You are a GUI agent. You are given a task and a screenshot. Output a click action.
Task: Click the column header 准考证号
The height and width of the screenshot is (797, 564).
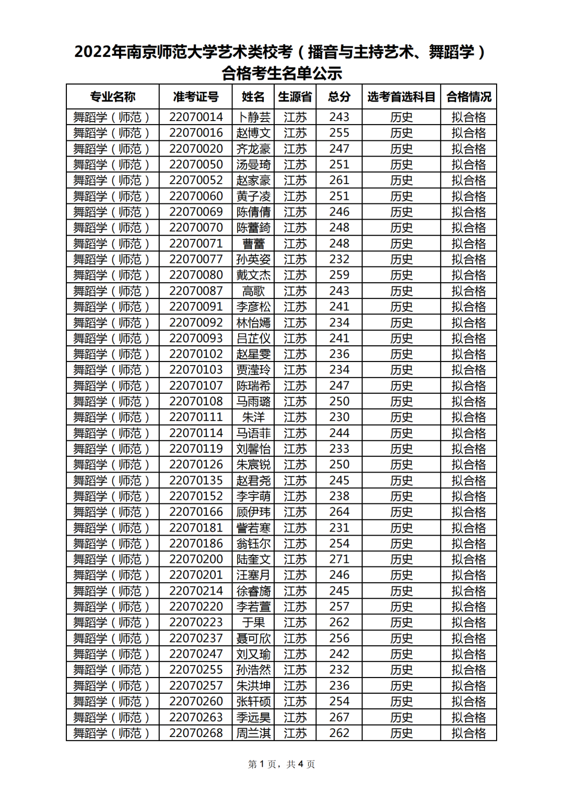coord(196,96)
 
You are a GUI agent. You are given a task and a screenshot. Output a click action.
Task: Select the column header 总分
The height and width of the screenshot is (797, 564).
coord(339,96)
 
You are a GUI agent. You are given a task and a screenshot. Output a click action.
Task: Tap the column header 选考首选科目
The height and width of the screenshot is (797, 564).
coord(401,96)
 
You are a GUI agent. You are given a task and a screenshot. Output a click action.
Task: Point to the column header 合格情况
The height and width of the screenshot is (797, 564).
coord(468,96)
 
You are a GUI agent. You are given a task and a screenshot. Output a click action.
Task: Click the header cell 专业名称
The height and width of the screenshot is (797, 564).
coord(112,96)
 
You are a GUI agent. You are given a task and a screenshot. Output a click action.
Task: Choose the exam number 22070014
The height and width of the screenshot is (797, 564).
coord(196,117)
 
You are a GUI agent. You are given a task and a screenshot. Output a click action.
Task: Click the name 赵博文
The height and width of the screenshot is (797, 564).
coord(253,132)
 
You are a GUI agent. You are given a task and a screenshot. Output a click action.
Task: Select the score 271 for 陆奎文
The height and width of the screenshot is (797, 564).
coord(339,559)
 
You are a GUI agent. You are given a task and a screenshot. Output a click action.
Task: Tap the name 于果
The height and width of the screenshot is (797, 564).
coord(253,622)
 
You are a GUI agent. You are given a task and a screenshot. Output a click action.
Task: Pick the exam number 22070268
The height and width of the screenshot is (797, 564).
coord(196,733)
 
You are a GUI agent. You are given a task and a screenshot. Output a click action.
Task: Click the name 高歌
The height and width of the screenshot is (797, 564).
coord(253,291)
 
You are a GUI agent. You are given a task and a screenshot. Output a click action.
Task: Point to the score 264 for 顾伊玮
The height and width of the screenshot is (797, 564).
coord(339,512)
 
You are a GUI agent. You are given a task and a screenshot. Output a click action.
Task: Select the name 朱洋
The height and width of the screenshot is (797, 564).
coord(253,417)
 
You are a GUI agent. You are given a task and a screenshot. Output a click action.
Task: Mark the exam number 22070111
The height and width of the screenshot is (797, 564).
coord(196,417)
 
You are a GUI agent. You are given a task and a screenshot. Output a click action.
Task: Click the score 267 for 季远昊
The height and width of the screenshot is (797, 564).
coord(339,717)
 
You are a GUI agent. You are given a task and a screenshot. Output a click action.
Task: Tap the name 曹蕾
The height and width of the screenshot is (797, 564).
coord(253,244)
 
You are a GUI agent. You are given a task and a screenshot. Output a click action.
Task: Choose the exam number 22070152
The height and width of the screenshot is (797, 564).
coord(196,496)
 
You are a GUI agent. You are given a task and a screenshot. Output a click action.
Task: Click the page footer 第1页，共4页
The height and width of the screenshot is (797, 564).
coord(281,764)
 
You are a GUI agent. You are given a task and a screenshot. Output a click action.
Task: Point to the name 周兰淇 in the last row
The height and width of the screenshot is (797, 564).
coord(253,733)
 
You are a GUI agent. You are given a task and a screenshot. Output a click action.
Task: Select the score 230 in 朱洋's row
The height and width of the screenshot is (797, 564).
coord(339,417)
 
